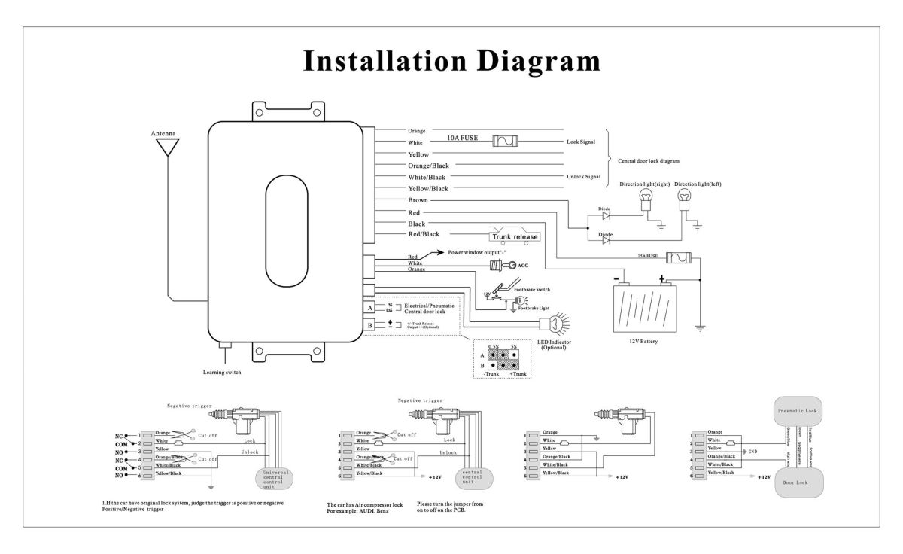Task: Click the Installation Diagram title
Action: coord(451,62)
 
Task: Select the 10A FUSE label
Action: coord(462,138)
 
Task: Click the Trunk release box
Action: coord(515,236)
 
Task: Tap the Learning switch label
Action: coord(223,372)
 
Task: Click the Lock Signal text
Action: coord(582,142)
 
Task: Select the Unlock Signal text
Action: coord(582,177)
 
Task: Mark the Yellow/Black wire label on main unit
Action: coord(427,188)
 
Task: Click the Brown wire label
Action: coord(418,200)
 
